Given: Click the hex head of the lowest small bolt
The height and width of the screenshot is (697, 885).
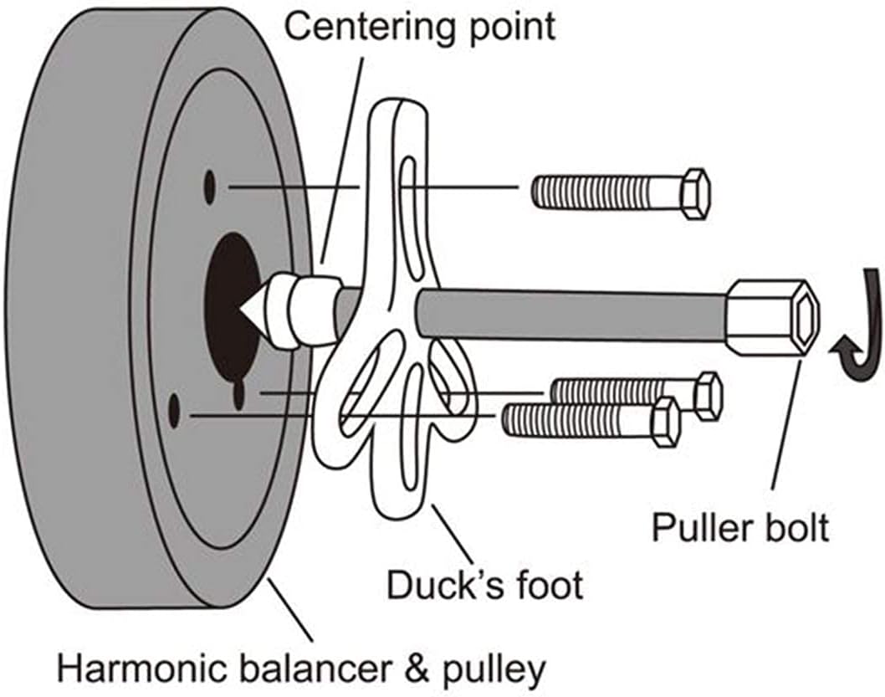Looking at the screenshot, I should [x=664, y=421].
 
